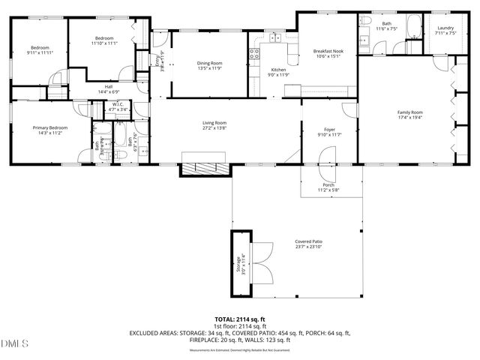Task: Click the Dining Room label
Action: (x=209, y=63)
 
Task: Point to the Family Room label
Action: (x=409, y=112)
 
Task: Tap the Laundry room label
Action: (x=445, y=28)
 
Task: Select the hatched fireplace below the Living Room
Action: (x=205, y=166)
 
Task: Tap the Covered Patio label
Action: (x=308, y=242)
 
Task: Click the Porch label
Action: (x=328, y=184)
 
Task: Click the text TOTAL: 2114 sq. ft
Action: (x=240, y=319)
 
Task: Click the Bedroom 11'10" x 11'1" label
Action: (x=104, y=38)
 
